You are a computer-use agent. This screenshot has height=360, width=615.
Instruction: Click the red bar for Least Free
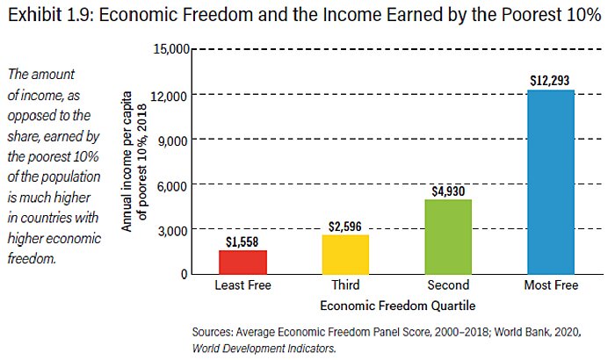tap(242, 262)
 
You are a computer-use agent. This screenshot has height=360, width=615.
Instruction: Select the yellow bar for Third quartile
tap(345, 254)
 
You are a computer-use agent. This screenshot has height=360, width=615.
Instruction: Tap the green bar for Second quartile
tap(448, 236)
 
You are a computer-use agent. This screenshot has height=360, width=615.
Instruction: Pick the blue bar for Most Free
tap(550, 182)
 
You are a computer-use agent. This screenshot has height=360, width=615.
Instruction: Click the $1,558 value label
tap(242, 241)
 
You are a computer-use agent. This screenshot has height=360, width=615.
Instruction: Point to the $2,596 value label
tap(345, 226)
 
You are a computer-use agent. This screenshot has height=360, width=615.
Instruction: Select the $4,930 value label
tap(448, 191)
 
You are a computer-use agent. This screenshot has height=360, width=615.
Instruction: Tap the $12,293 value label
tap(550, 80)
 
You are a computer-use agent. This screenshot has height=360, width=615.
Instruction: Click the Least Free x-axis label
tap(242, 286)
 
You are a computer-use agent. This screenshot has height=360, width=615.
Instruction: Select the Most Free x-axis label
tap(550, 286)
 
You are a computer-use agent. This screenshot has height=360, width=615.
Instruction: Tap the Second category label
tap(448, 286)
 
